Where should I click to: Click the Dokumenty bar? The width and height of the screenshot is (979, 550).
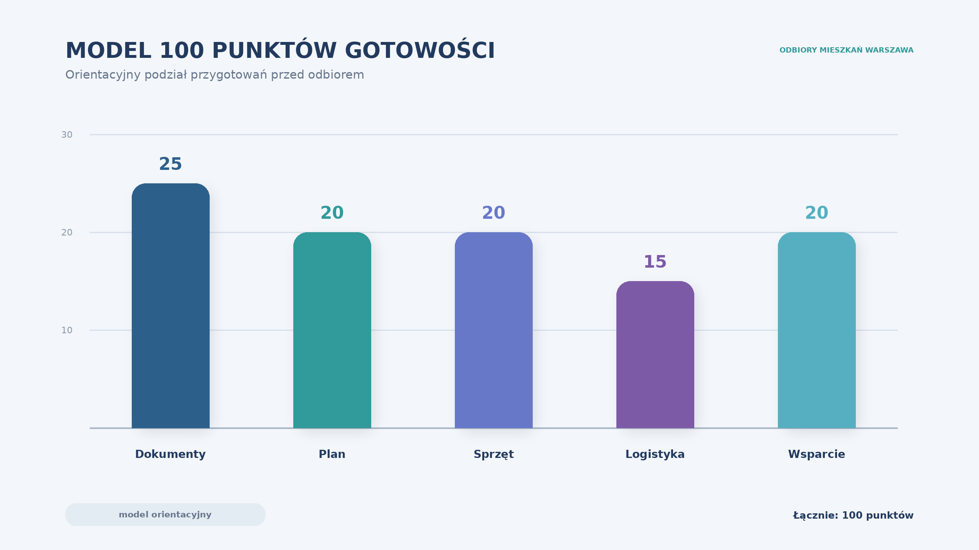[171, 306]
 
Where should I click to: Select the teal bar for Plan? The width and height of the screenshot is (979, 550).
[332, 330]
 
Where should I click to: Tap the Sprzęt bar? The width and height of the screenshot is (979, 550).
[494, 330]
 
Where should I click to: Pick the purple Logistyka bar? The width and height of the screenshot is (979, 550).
[655, 354]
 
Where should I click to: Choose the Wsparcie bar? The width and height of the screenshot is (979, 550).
[817, 330]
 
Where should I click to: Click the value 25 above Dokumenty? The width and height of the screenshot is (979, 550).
[171, 164]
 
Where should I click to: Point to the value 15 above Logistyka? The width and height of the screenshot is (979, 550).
[655, 262]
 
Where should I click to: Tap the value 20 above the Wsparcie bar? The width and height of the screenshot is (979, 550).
[817, 213]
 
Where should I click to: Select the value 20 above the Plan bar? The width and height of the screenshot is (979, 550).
[332, 213]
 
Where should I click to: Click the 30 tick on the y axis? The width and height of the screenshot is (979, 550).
[67, 135]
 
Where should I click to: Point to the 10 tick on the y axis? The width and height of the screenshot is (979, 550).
[67, 330]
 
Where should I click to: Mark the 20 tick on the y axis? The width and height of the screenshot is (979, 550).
[67, 233]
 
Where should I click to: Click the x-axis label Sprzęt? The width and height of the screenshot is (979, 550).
[494, 455]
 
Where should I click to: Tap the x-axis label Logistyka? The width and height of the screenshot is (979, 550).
[655, 455]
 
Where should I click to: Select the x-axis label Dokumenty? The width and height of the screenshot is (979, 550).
[171, 454]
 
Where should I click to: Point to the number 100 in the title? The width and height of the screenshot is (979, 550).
[182, 51]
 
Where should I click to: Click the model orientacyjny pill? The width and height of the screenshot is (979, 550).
[165, 515]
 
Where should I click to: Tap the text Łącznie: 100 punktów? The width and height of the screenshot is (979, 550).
[853, 516]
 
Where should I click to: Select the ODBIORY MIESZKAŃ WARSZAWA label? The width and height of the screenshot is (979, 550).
[846, 50]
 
